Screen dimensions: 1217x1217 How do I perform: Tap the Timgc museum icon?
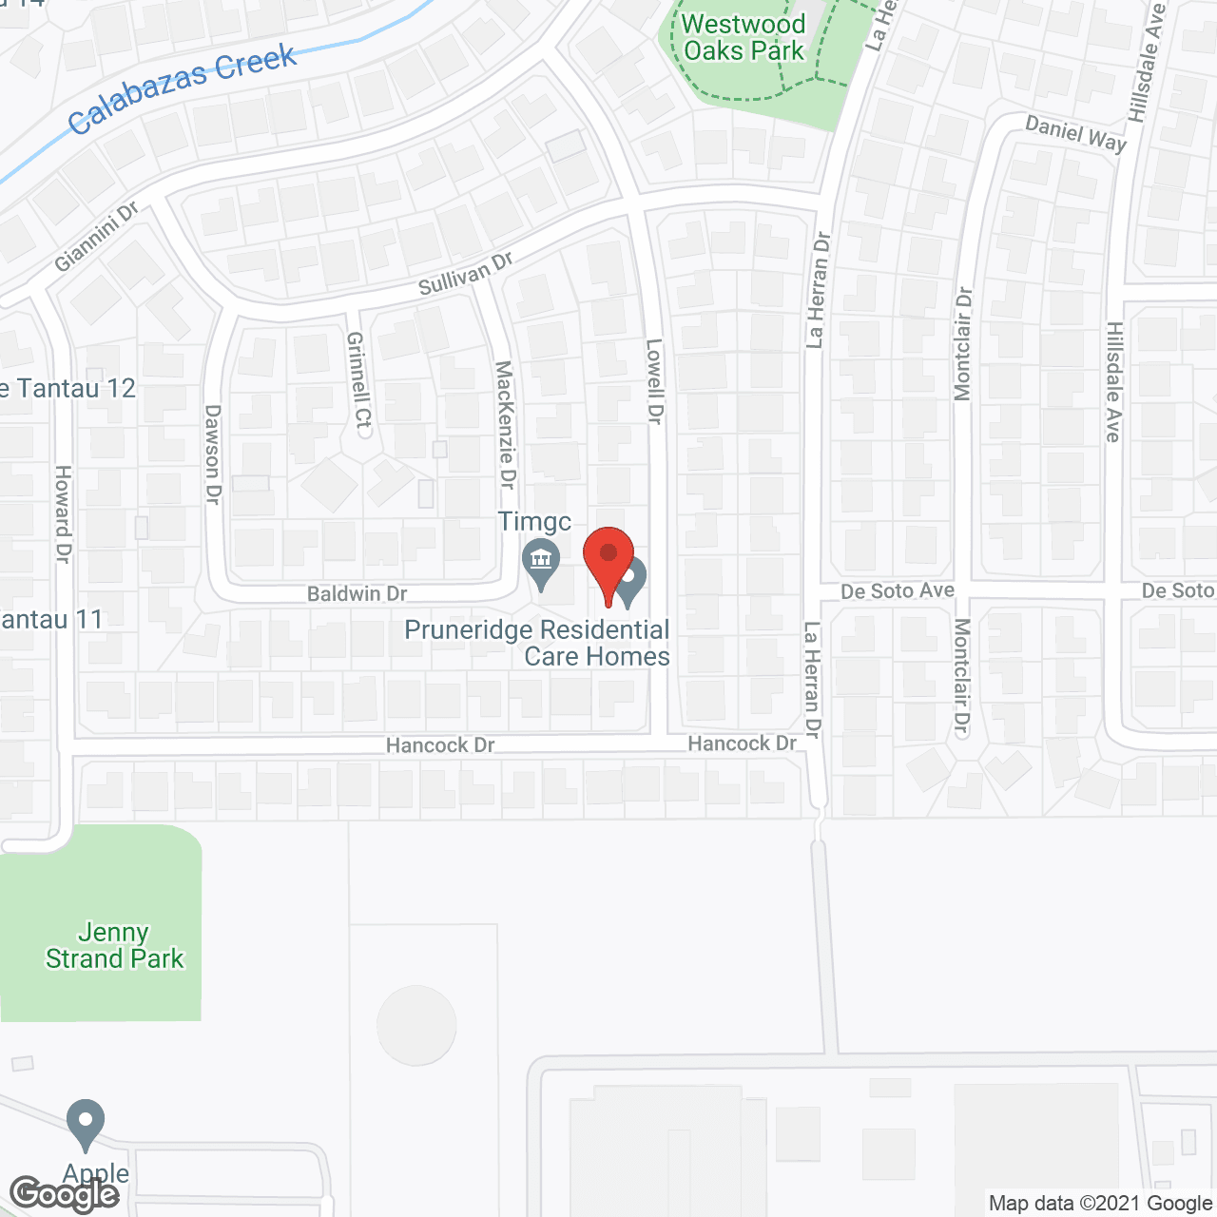click(x=541, y=560)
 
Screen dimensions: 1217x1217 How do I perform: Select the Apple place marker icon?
click(x=86, y=1123)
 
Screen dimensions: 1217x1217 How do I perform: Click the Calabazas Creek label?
click(x=183, y=87)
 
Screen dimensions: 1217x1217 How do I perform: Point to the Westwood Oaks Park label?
click(x=744, y=38)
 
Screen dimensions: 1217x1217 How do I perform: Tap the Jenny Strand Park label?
click(x=114, y=945)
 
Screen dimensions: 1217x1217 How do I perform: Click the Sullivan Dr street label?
click(x=466, y=273)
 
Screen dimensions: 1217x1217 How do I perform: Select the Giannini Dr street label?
click(x=96, y=236)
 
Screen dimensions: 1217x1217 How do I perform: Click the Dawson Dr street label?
click(x=212, y=454)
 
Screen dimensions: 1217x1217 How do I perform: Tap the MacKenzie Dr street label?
click(x=505, y=425)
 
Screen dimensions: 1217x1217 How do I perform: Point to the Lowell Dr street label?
click(x=654, y=380)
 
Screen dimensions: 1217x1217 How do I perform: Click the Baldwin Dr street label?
click(x=357, y=593)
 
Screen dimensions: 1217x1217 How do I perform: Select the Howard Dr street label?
click(x=63, y=513)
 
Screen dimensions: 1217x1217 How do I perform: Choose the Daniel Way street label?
click(x=1075, y=133)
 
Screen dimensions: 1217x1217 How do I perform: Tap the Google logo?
click(x=65, y=1194)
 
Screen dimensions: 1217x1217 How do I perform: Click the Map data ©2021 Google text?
click(x=1100, y=1204)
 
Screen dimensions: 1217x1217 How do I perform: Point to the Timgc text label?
click(x=534, y=521)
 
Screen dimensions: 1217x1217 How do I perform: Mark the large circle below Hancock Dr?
click(x=416, y=1026)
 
